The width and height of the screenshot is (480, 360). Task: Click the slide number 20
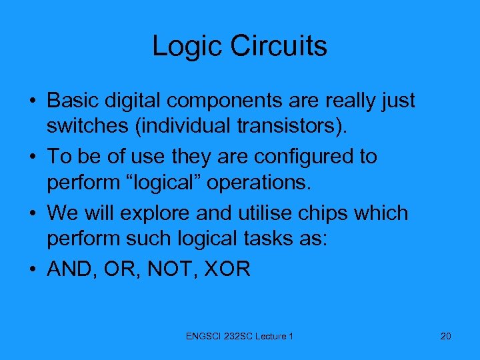pyautogui.click(x=445, y=336)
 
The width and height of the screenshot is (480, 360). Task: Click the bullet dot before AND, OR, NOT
pyautogui.click(x=33, y=270)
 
